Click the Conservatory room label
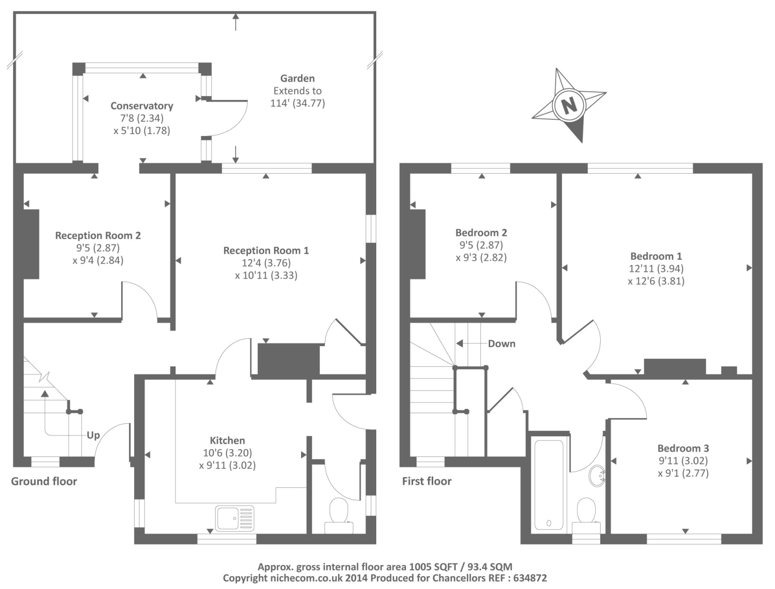141,106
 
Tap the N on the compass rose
569,105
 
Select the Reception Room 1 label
266,250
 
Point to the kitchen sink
235,518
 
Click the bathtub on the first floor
549,484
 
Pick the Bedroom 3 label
683,448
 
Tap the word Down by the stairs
501,344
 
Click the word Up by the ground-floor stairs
93,435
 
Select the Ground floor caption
44,481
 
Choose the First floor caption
426,481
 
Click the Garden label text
297,78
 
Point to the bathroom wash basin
597,475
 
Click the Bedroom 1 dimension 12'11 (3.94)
656,268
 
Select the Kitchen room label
227,440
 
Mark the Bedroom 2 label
481,233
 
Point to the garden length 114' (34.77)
297,103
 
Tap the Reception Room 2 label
98,235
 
